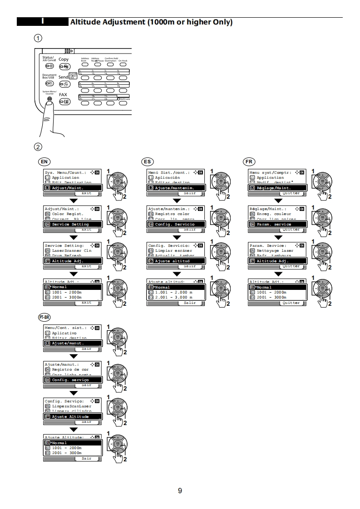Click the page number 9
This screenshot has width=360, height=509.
(x=180, y=490)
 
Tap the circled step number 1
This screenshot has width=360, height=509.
(x=39, y=38)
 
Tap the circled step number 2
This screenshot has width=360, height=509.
(x=39, y=147)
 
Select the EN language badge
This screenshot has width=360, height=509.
(x=44, y=162)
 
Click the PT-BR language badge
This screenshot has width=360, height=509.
(x=44, y=317)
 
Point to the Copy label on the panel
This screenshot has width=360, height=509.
(x=64, y=59)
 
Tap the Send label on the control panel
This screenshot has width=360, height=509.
(x=63, y=77)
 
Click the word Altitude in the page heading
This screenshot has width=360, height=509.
(x=85, y=22)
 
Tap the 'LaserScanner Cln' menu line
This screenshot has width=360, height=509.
(x=71, y=250)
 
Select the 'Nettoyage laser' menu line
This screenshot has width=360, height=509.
(x=275, y=250)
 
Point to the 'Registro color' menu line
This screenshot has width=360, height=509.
(x=172, y=214)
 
